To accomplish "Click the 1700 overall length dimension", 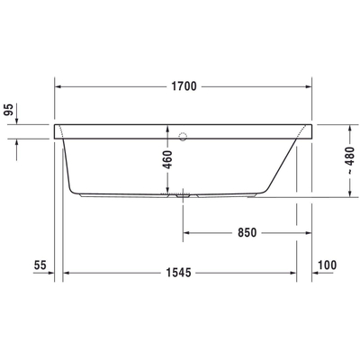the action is (x=184, y=86).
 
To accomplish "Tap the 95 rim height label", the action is (x=9, y=110).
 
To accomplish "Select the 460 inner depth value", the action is (x=167, y=159).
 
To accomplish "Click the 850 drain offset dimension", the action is (x=247, y=232).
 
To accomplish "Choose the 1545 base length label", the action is (x=178, y=273).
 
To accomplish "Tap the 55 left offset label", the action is (x=40, y=265).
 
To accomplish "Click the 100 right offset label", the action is (x=327, y=265).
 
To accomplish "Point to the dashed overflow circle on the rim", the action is (x=183, y=137).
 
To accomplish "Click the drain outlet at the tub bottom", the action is (x=183, y=195).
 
